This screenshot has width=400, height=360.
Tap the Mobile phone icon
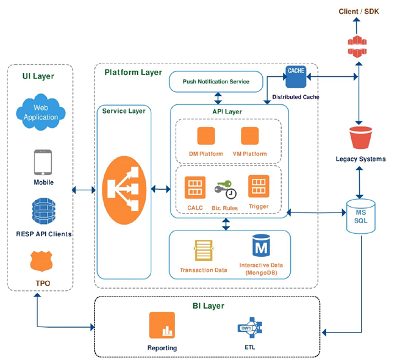[43, 162]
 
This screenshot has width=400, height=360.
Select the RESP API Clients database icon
[43, 211]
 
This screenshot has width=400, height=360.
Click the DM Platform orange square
[206, 136]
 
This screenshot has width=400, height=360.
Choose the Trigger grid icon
[259, 187]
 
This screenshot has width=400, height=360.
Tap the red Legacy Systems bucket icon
[360, 138]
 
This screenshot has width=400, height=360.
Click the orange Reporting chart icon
[162, 325]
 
